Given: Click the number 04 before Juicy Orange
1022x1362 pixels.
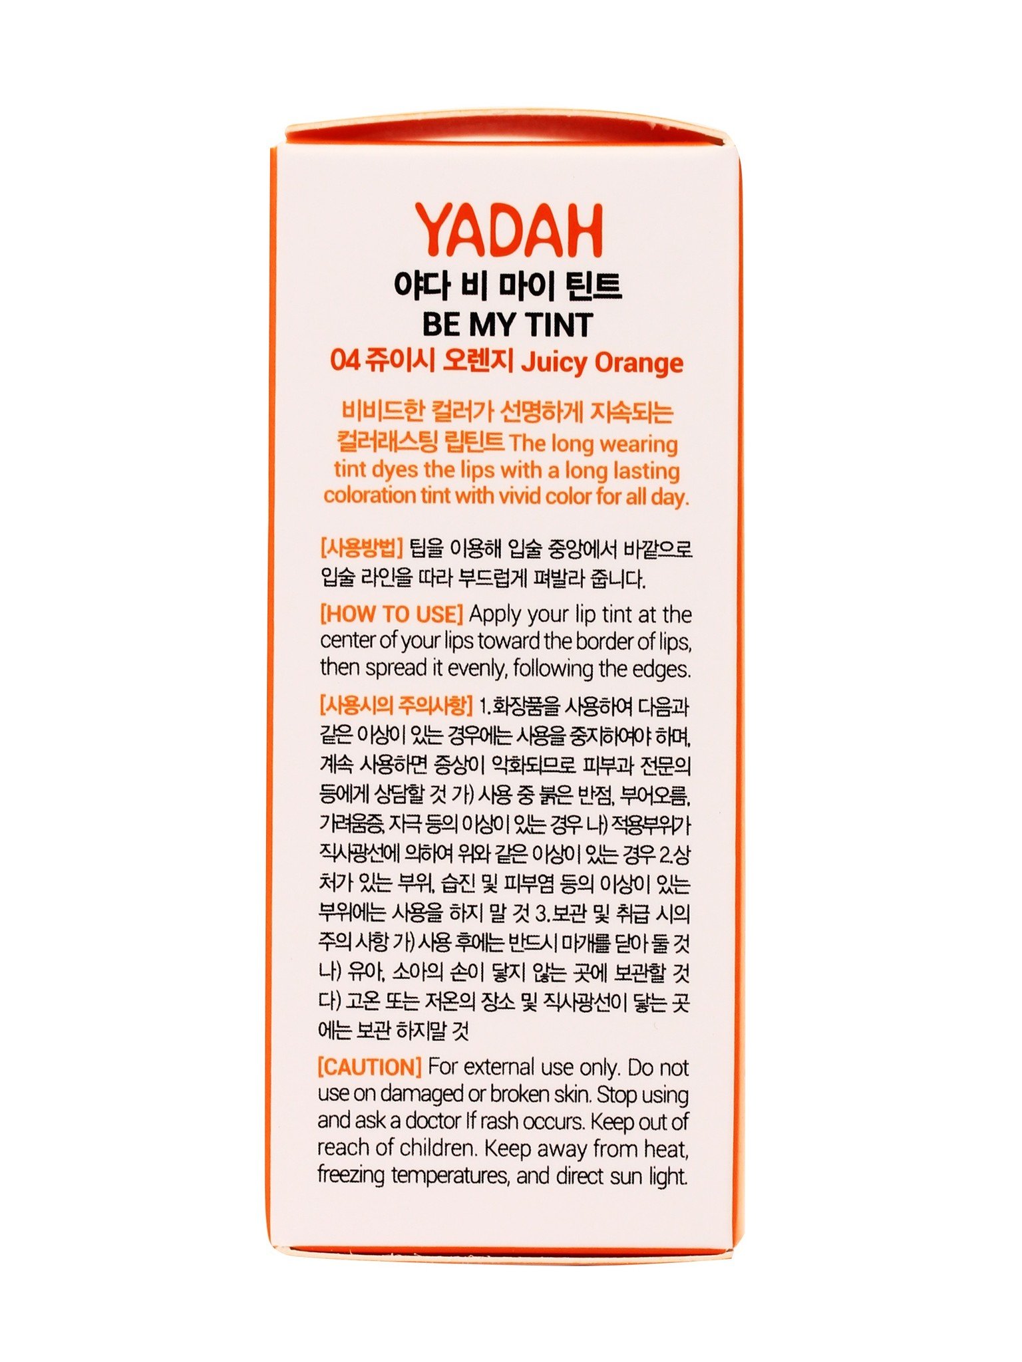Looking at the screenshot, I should [345, 362].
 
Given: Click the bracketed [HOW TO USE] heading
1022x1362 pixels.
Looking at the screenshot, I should [391, 614].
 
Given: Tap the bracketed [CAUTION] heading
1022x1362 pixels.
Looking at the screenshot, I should [370, 1067].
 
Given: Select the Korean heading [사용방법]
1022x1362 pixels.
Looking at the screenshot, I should [362, 549].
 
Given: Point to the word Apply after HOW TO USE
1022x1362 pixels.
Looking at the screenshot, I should [496, 614].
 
